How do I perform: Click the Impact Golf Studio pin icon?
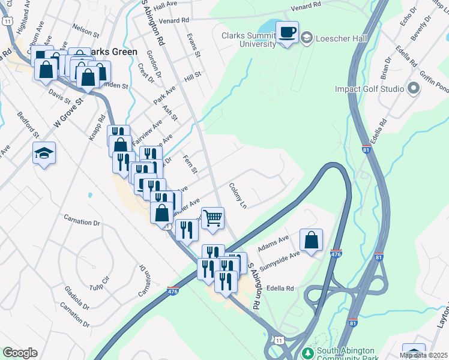pos(412,89)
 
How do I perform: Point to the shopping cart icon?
pos(212,218)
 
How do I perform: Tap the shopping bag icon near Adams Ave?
pos(311,240)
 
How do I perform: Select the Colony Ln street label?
pos(238,196)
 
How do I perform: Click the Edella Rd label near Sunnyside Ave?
pos(281,289)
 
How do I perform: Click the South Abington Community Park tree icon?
pos(307,352)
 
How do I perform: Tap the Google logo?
pos(20,353)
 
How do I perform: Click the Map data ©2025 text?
pos(423,355)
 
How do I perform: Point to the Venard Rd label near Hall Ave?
pos(174,20)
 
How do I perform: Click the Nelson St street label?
pos(85,28)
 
